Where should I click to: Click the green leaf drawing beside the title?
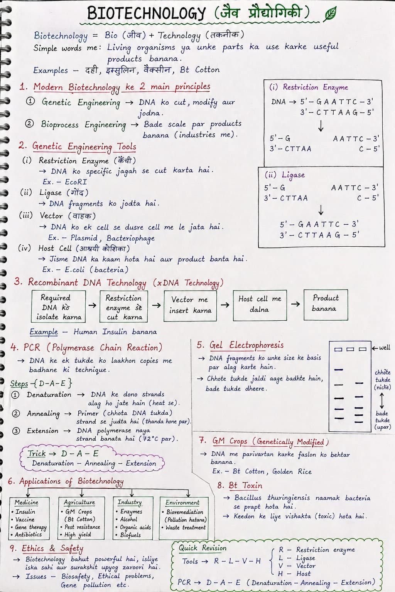pos(330,14)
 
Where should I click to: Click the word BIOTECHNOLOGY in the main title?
pos(147,13)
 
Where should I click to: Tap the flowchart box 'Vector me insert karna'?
pos(190,305)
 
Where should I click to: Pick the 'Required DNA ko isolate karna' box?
pos(58,307)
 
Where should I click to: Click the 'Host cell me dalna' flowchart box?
pos(260,304)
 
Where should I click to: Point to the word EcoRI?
pos(76,182)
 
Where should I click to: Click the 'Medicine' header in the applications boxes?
pos(26,502)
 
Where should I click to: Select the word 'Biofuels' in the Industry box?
pos(130,535)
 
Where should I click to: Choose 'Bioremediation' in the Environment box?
pos(185,512)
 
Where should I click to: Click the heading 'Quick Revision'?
pos(202,548)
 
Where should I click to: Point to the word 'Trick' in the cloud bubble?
pos(36,453)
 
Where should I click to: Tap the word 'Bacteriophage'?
pos(130,238)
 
